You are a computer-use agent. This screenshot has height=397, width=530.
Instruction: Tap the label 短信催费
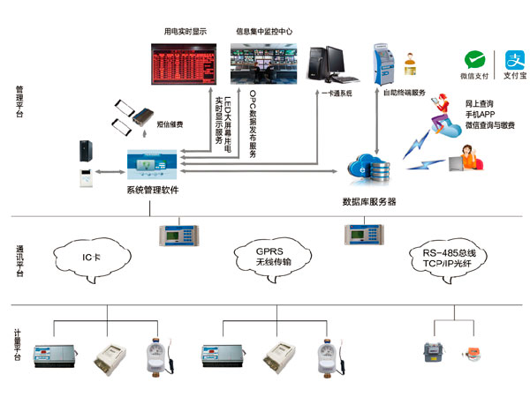pos(170,125)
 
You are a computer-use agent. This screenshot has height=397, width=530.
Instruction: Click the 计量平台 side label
pos(19,343)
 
